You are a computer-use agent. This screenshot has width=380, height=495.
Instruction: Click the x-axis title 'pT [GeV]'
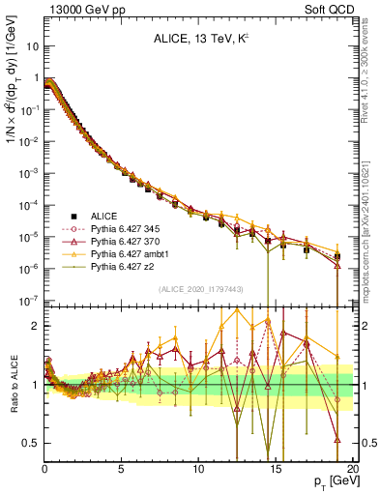(x=328, y=481)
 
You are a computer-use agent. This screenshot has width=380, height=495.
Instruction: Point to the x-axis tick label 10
(x=198, y=468)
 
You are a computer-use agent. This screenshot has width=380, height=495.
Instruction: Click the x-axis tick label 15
(x=276, y=468)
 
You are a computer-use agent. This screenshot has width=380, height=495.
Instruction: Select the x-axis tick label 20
(x=351, y=468)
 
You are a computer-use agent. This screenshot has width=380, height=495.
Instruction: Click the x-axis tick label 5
(x=122, y=468)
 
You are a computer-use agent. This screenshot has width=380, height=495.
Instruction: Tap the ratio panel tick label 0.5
(x=31, y=443)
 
